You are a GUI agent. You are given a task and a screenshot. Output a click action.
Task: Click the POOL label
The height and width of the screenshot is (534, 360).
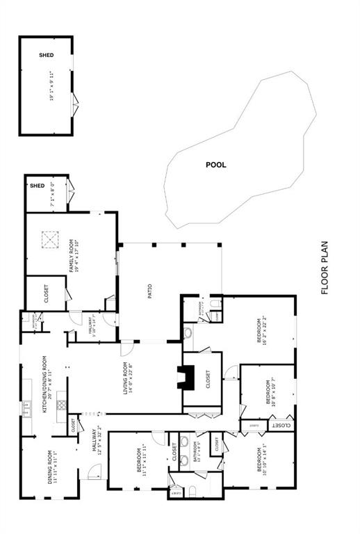tap(216, 165)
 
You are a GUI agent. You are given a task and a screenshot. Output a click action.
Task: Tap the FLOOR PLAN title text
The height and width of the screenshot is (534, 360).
tap(325, 268)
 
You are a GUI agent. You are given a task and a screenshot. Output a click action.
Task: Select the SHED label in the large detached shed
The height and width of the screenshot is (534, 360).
tap(47, 54)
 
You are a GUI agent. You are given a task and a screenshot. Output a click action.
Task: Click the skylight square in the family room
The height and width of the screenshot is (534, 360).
tap(49, 240)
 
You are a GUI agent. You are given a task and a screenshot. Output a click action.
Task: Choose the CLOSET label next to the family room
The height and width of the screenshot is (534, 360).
tap(46, 295)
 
